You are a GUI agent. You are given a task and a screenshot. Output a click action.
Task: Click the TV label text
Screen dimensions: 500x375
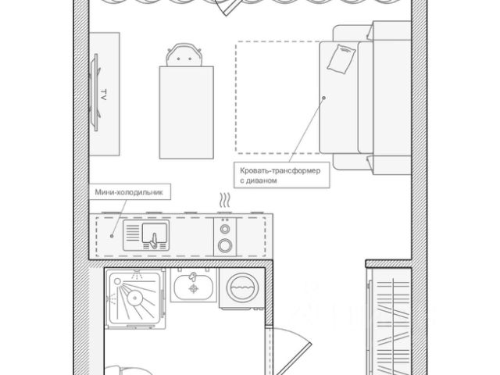click(103, 95)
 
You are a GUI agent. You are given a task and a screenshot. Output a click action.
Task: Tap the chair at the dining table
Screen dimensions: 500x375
click(184, 55)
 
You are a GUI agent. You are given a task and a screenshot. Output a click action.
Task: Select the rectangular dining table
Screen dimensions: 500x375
click(186, 112)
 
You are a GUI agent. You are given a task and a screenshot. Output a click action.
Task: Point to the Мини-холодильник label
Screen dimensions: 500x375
click(129, 192)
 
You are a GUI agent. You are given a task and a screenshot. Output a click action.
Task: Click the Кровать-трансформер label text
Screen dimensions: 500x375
click(280, 170)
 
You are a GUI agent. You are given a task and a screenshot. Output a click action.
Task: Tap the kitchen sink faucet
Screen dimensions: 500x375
click(154, 240)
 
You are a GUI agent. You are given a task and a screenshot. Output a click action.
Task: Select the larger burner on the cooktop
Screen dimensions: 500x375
click(225, 245)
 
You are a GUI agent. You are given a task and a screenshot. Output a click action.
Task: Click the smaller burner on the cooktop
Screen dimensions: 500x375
click(225, 229)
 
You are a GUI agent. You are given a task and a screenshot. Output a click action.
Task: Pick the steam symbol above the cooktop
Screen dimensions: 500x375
click(225, 200)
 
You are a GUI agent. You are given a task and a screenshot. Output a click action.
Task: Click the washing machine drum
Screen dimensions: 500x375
click(242, 287)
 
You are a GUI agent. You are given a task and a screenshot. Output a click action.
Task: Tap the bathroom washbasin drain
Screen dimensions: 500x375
click(194, 289)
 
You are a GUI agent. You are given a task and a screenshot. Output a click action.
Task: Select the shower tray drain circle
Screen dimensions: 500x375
click(134, 298)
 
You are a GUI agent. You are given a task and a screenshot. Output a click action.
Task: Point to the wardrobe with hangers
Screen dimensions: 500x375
click(389, 321)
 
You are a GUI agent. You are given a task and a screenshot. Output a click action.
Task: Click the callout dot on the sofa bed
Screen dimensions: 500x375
click(323, 98)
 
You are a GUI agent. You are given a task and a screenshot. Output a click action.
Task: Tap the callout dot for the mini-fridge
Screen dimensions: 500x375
click(112, 236)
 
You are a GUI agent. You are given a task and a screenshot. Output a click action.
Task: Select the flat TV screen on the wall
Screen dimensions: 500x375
click(95, 92)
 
